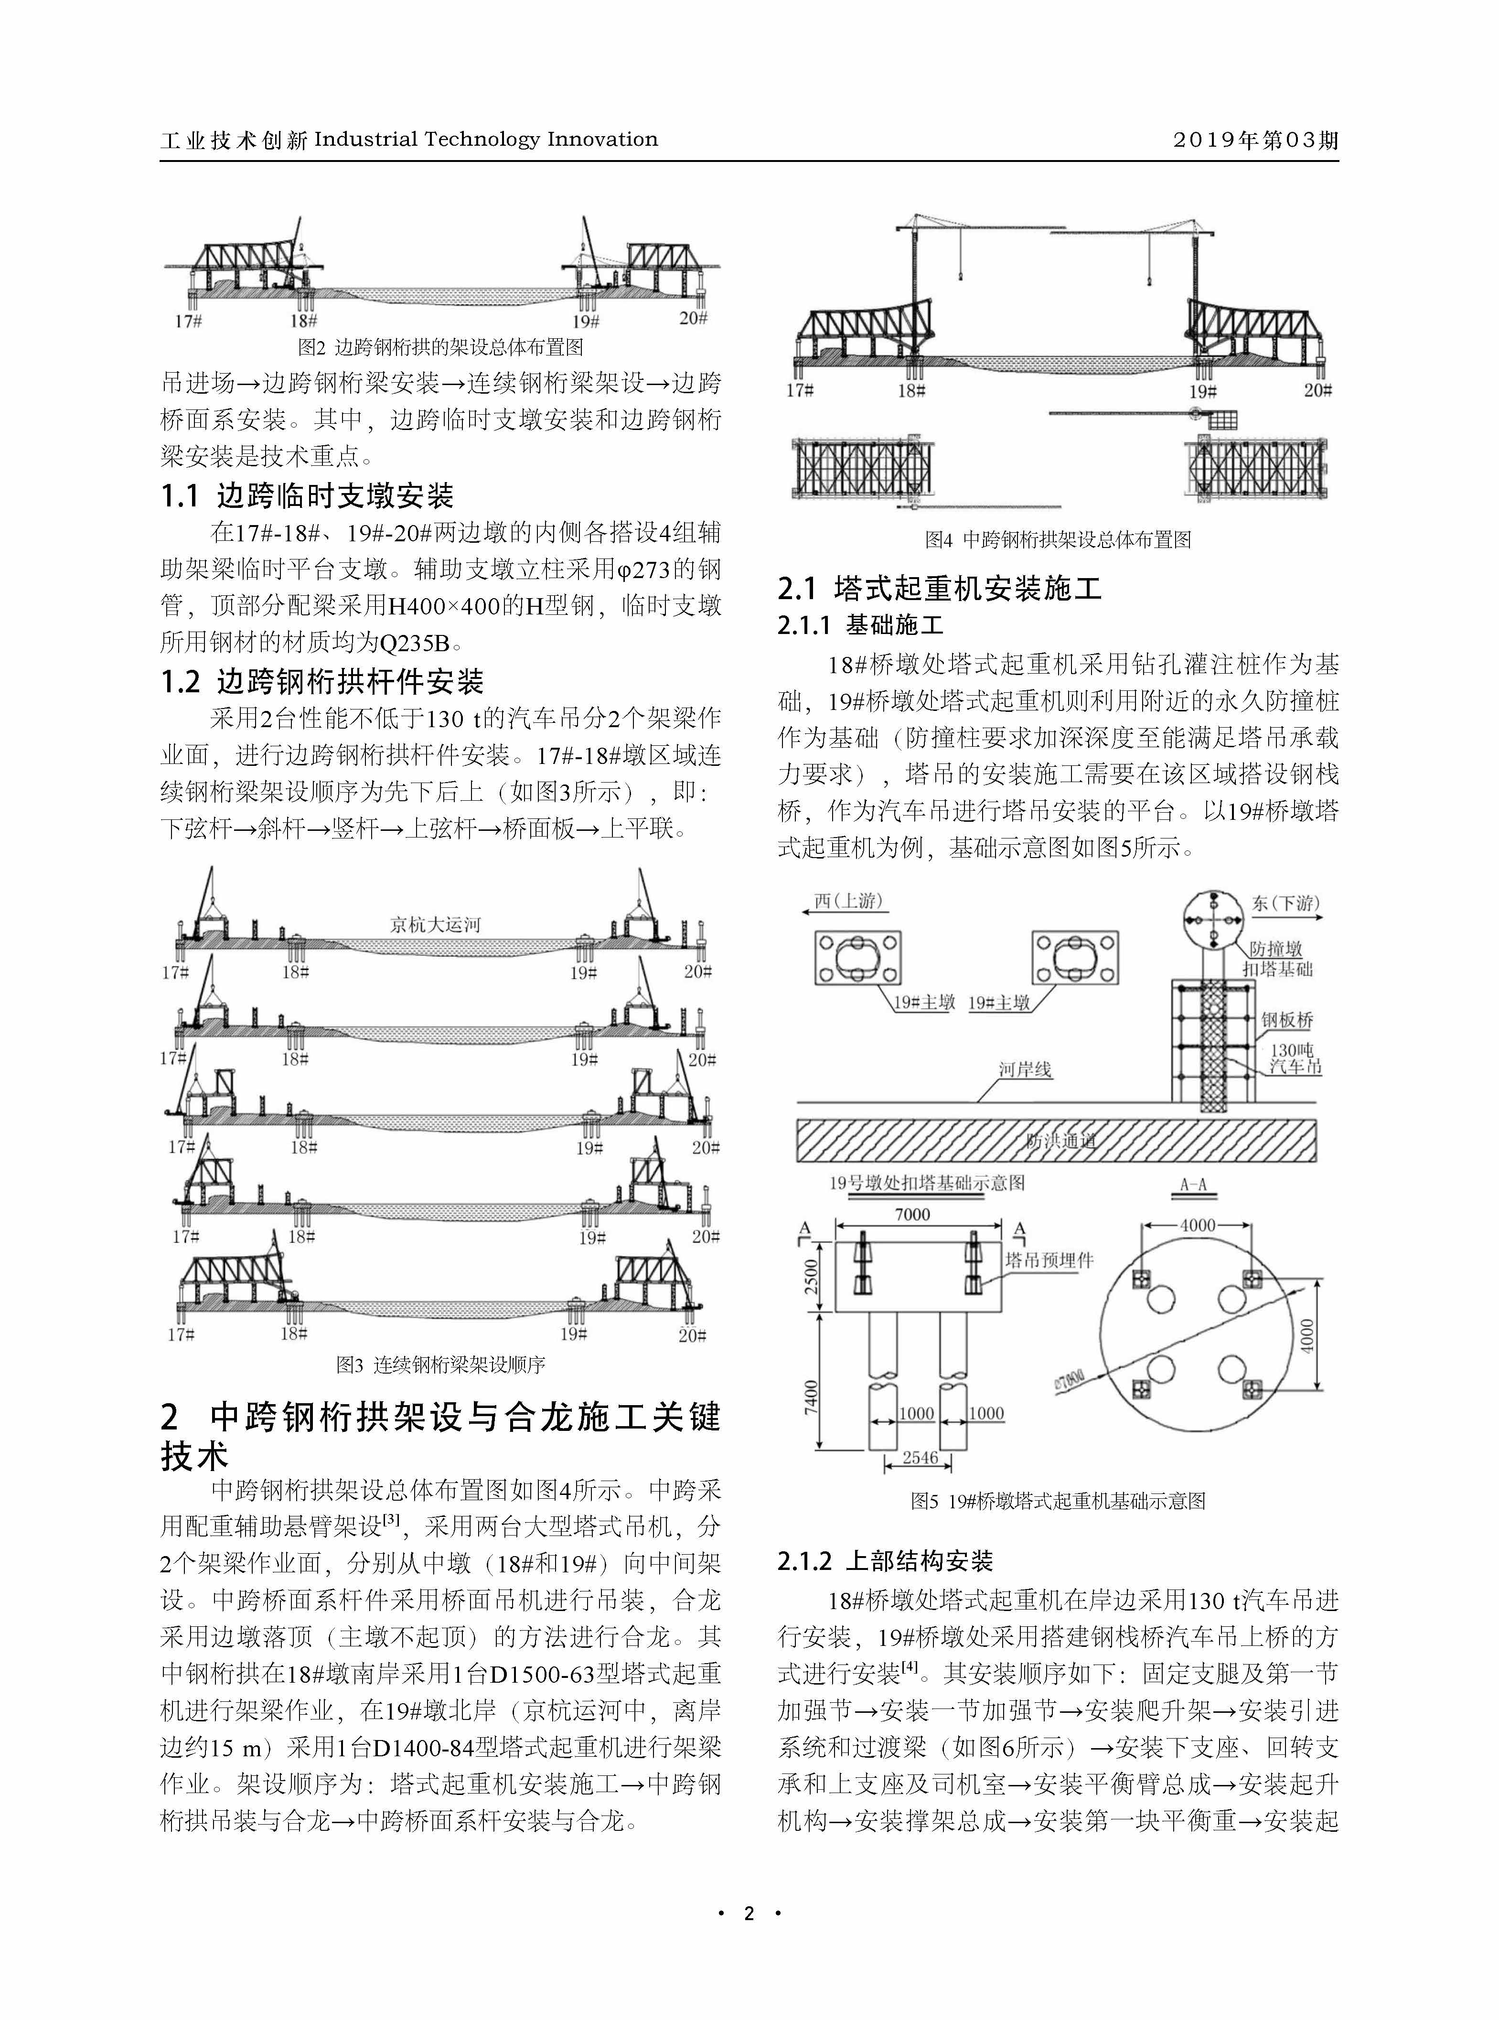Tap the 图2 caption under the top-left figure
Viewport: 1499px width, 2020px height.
tap(441, 347)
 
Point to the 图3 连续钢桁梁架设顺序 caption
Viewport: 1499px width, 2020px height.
tap(441, 1364)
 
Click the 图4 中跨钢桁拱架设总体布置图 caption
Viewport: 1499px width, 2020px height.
tap(1058, 540)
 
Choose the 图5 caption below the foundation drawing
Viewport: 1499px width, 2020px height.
tap(1058, 1501)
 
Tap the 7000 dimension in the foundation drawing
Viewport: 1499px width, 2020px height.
tap(912, 1214)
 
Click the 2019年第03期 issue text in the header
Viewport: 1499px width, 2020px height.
tap(1255, 140)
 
